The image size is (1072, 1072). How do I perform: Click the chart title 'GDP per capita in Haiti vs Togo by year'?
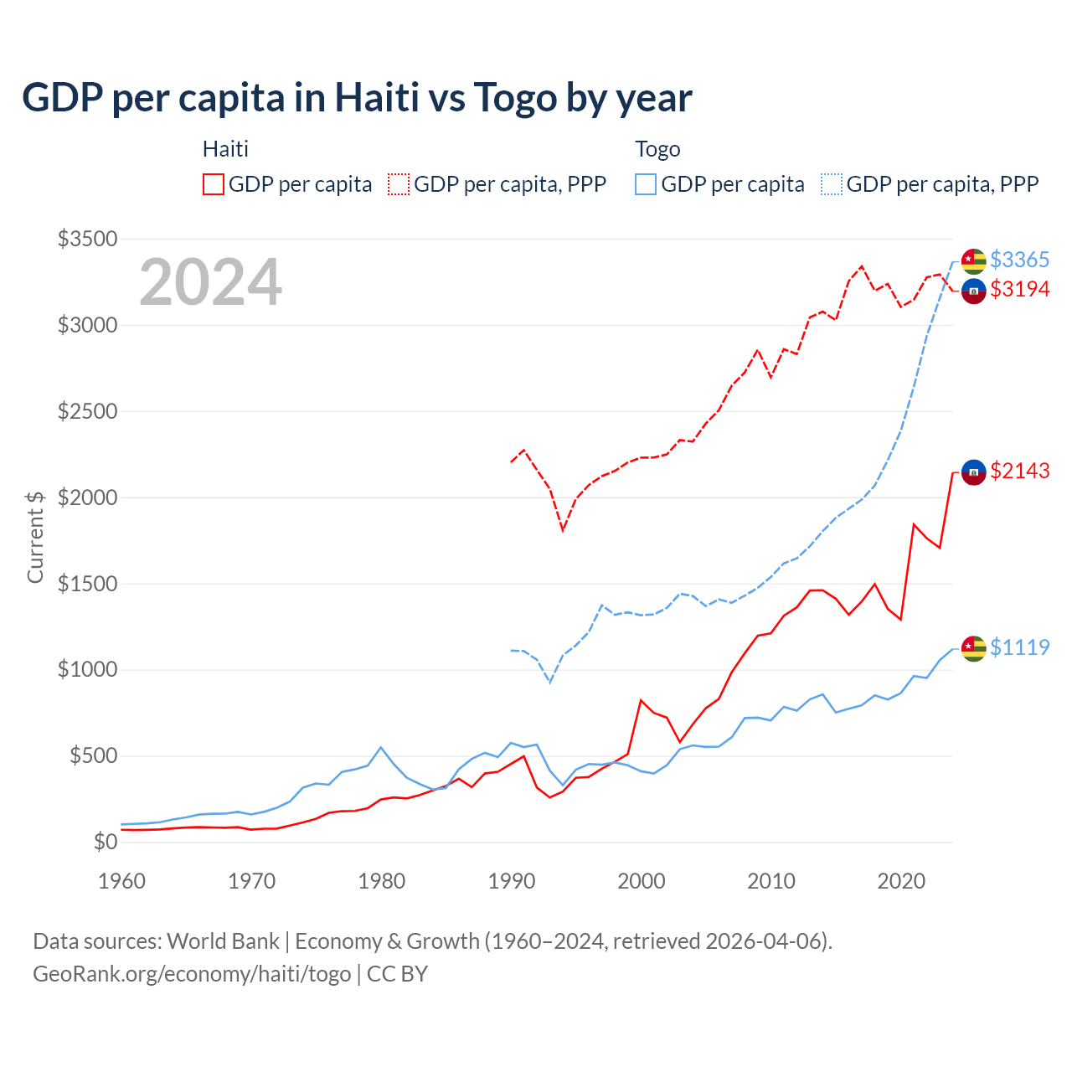pyautogui.click(x=357, y=98)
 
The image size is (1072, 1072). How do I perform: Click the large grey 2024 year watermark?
pyautogui.click(x=210, y=283)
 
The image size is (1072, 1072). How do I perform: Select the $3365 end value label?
pyautogui.click(x=1019, y=260)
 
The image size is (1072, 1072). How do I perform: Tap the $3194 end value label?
pyautogui.click(x=1019, y=289)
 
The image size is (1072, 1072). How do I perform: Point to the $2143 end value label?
pyautogui.click(x=1019, y=471)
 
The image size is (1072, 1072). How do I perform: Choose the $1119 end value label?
pyautogui.click(x=1019, y=647)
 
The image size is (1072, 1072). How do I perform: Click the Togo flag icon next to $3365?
pyautogui.click(x=973, y=261)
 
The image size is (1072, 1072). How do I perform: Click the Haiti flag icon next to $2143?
pyautogui.click(x=973, y=472)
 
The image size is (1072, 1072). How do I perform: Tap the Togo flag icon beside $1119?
pyautogui.click(x=973, y=648)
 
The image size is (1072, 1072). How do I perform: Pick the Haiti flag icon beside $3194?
pyautogui.click(x=973, y=291)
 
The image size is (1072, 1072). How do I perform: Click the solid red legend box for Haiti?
pyautogui.click(x=214, y=184)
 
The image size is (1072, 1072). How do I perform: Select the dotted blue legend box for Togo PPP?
pyautogui.click(x=832, y=184)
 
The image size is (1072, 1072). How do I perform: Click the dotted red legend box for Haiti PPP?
pyautogui.click(x=399, y=184)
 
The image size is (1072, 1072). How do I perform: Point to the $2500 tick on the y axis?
pyautogui.click(x=87, y=411)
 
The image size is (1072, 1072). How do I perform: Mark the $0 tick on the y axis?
pyautogui.click(x=105, y=842)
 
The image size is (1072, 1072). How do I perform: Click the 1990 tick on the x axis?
pyautogui.click(x=512, y=881)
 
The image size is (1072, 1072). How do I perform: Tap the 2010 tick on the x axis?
pyautogui.click(x=771, y=881)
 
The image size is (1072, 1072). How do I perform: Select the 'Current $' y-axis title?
pyautogui.click(x=35, y=537)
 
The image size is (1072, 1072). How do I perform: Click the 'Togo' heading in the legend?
pyautogui.click(x=657, y=149)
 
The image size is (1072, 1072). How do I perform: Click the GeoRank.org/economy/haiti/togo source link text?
pyautogui.click(x=192, y=974)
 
